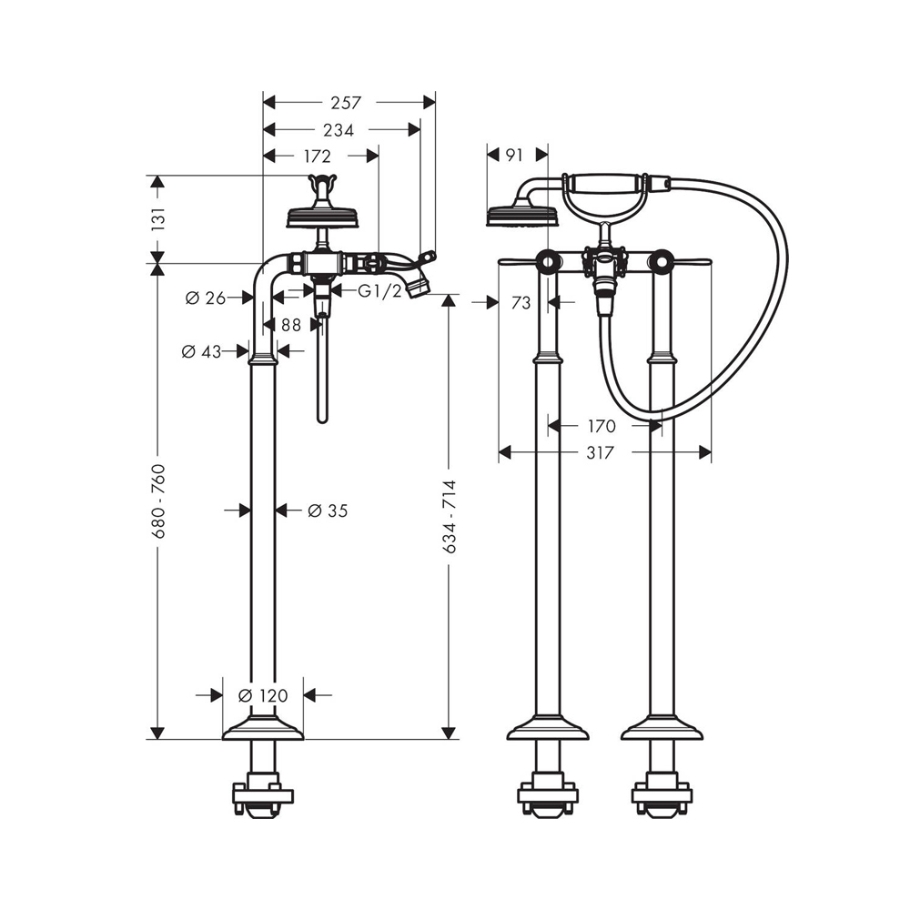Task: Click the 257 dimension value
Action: click(346, 103)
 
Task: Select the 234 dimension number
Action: click(339, 130)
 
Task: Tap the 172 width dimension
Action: click(317, 157)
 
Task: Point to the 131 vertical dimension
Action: click(157, 218)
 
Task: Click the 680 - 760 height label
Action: click(158, 500)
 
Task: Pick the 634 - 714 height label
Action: click(449, 517)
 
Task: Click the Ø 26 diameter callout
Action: click(206, 298)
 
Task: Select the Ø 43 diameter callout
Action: click(201, 351)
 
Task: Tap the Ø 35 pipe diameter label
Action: click(328, 511)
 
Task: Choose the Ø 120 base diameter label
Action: click(263, 694)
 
